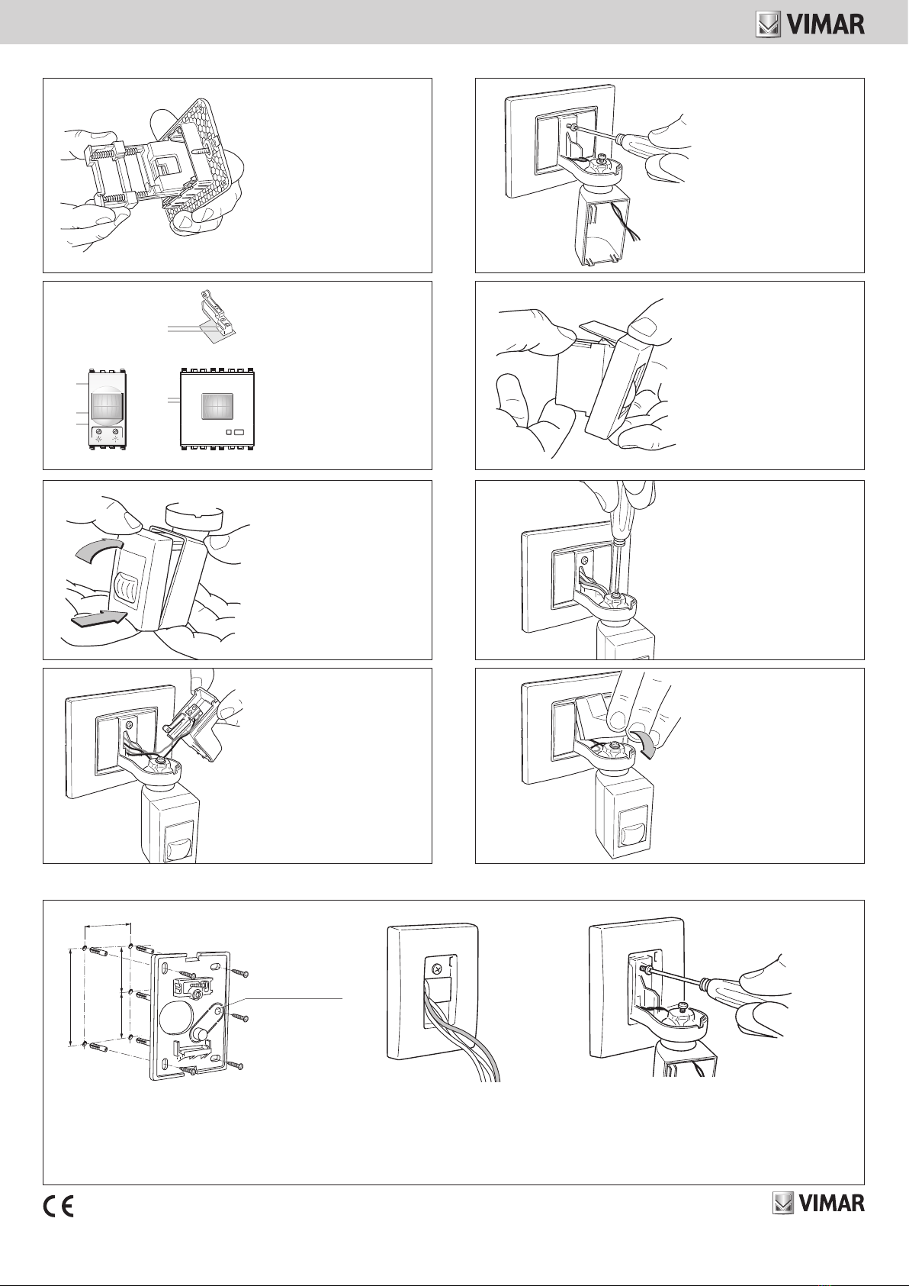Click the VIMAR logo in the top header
[x=810, y=25]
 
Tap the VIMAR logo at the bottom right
[x=818, y=1204]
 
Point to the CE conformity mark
[x=59, y=1207]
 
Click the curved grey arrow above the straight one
[x=98, y=552]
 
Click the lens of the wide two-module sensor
[x=217, y=406]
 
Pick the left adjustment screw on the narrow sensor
[x=99, y=431]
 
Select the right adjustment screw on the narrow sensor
[x=117, y=431]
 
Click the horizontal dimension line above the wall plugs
[x=108, y=925]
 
